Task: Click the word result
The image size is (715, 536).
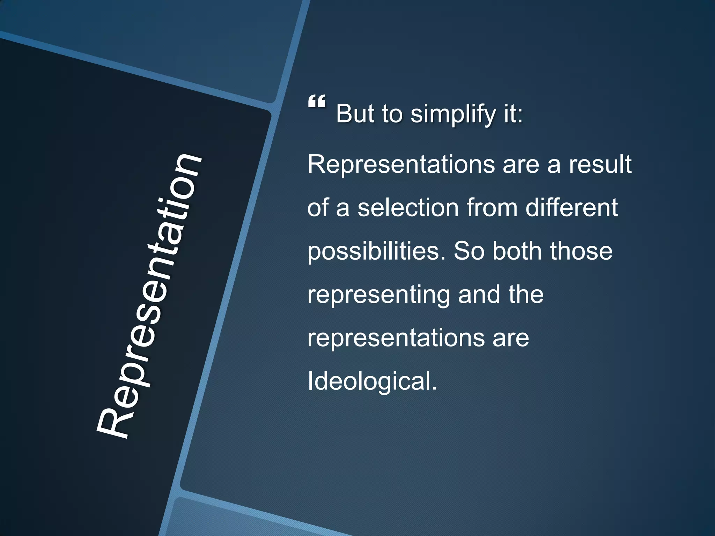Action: (x=600, y=164)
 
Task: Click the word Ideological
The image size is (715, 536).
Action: (x=372, y=381)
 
